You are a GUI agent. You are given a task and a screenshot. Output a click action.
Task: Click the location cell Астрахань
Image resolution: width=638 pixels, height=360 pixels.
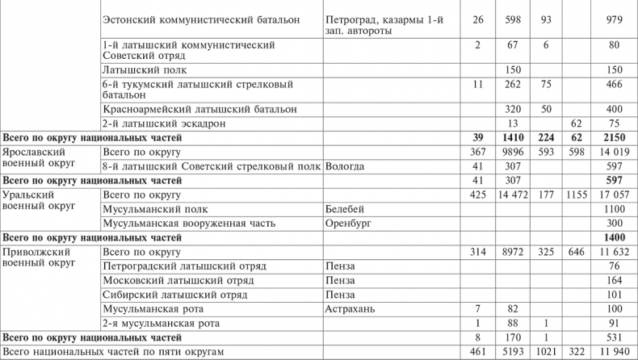tap(350, 309)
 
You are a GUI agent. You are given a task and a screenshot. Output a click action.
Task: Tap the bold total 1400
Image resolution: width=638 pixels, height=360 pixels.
tap(611, 238)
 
